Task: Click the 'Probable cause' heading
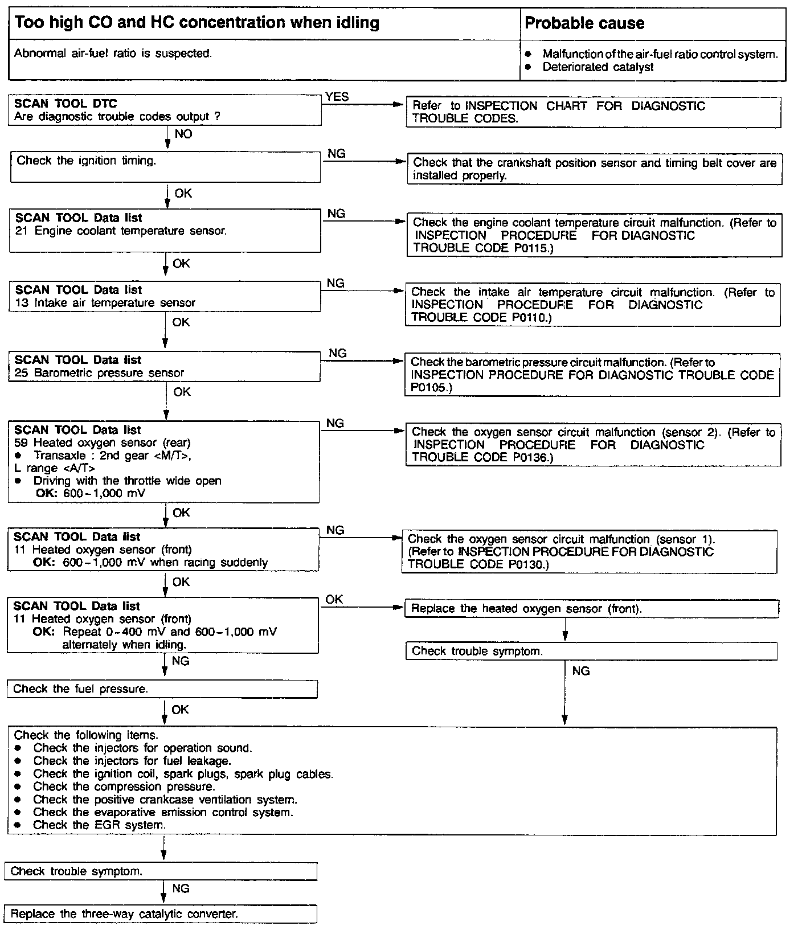(x=584, y=23)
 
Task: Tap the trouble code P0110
(x=530, y=318)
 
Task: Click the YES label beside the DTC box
(x=337, y=97)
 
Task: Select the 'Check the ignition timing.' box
(x=165, y=166)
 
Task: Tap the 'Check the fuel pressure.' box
(x=162, y=689)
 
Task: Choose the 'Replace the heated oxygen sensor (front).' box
(x=591, y=609)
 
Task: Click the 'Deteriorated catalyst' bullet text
(x=598, y=67)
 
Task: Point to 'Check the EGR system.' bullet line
(x=100, y=825)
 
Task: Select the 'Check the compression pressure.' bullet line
(x=124, y=787)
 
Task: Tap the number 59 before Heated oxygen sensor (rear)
(x=21, y=443)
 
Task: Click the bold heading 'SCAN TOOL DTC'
(x=66, y=104)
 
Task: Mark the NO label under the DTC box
(x=183, y=134)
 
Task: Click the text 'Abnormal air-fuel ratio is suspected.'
(x=113, y=54)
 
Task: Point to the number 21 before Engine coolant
(x=22, y=231)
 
